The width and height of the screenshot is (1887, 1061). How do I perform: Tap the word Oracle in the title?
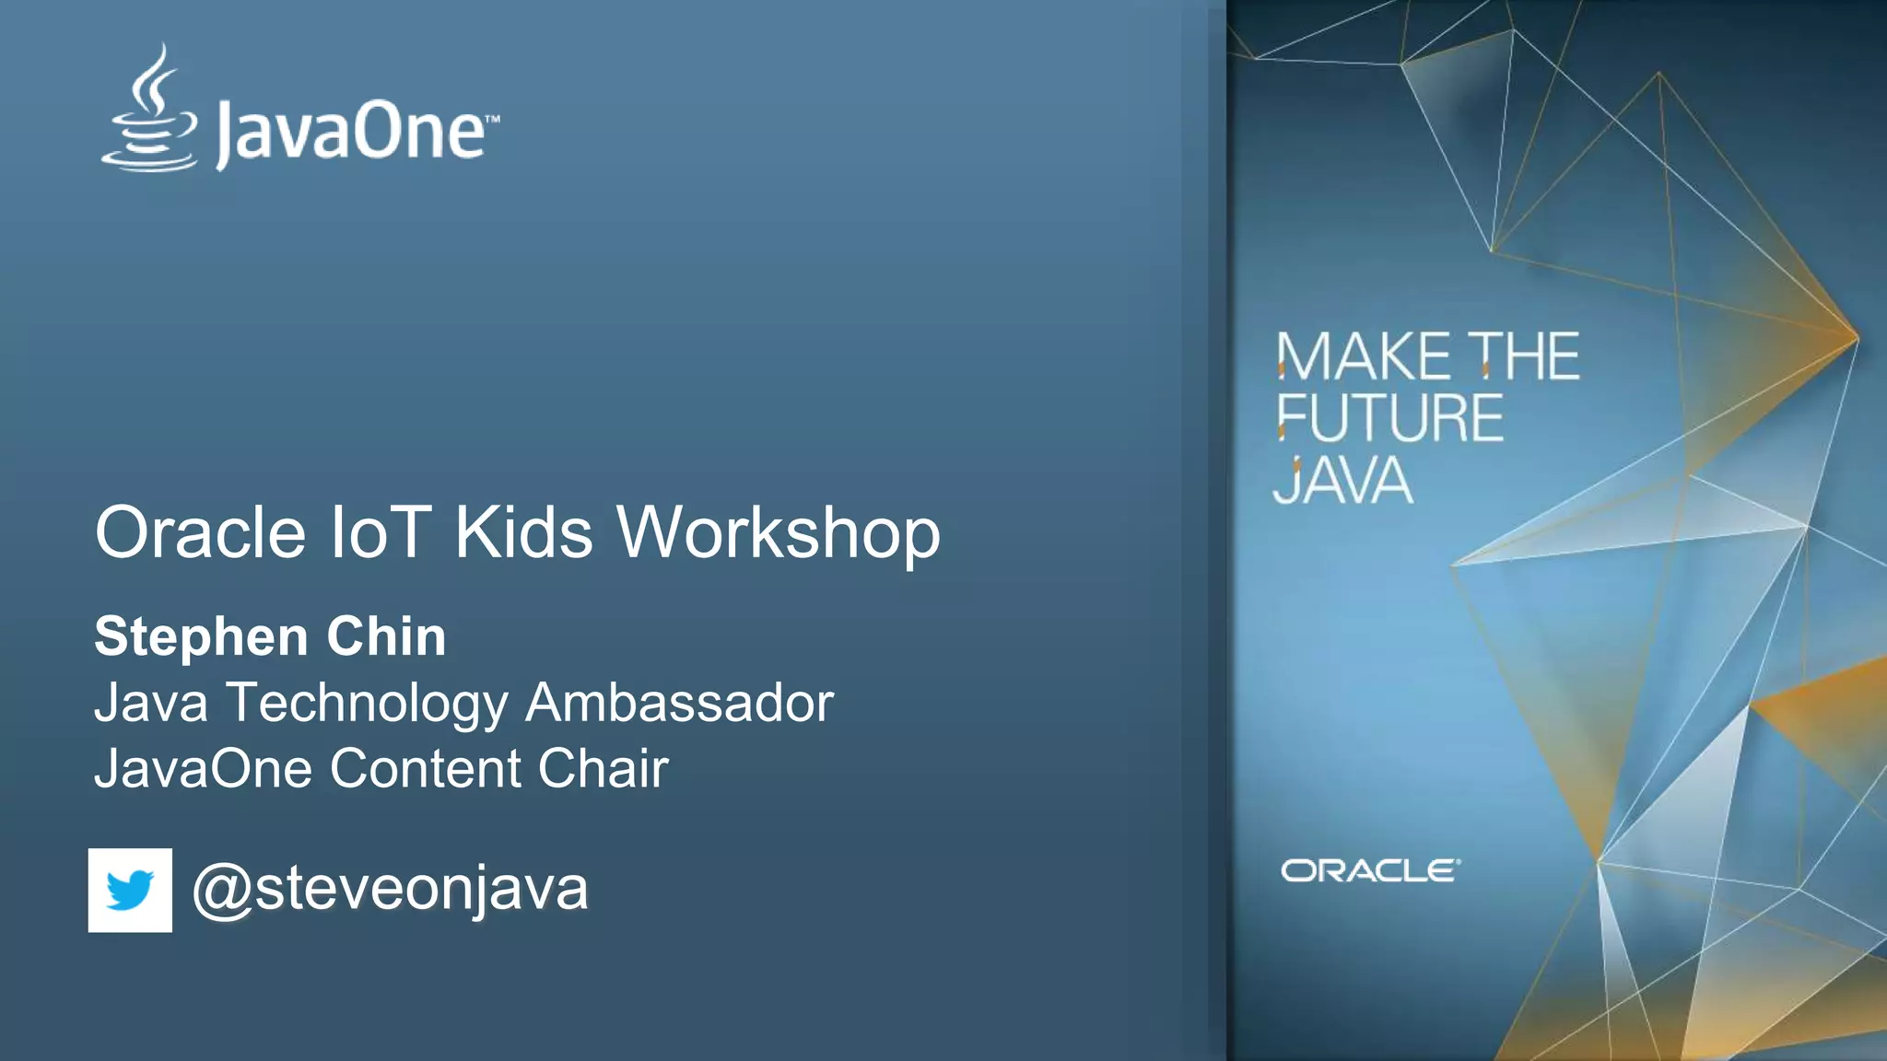200,533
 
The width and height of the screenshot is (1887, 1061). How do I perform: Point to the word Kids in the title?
523,533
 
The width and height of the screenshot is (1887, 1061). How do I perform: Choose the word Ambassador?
679,703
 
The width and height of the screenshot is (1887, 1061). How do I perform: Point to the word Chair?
603,768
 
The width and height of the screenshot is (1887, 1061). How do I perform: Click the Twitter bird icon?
130,891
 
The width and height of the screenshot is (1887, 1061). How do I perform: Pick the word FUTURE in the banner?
1389,419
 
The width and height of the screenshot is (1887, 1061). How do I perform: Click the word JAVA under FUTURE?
1342,481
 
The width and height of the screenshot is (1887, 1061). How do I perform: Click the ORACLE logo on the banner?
1370,870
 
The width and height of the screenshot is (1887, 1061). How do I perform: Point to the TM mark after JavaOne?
493,120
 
